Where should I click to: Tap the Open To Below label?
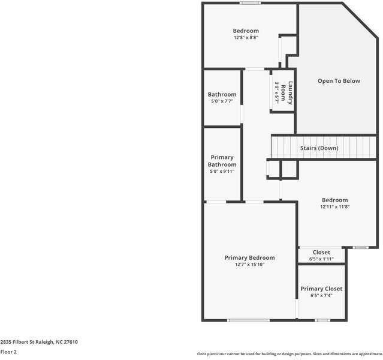click(339, 81)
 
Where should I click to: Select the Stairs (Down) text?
click(319, 148)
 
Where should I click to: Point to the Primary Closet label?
click(321, 289)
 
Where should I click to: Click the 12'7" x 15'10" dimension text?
click(249, 264)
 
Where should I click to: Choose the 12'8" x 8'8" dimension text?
click(246, 38)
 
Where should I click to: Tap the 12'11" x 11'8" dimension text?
click(334, 207)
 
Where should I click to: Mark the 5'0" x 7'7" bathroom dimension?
click(222, 101)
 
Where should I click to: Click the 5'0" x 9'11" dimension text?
click(222, 171)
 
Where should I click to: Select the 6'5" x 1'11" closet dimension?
click(321, 259)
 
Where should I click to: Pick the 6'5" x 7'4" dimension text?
click(321, 296)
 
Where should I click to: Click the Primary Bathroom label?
click(222, 161)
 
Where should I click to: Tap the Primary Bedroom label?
click(249, 257)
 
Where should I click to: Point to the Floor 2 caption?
click(9, 352)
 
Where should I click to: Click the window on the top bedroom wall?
click(250, 4)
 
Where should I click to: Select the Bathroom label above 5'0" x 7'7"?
click(222, 94)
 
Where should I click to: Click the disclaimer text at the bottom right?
click(289, 354)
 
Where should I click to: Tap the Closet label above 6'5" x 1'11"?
click(321, 253)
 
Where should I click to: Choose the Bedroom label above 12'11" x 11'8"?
click(334, 200)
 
